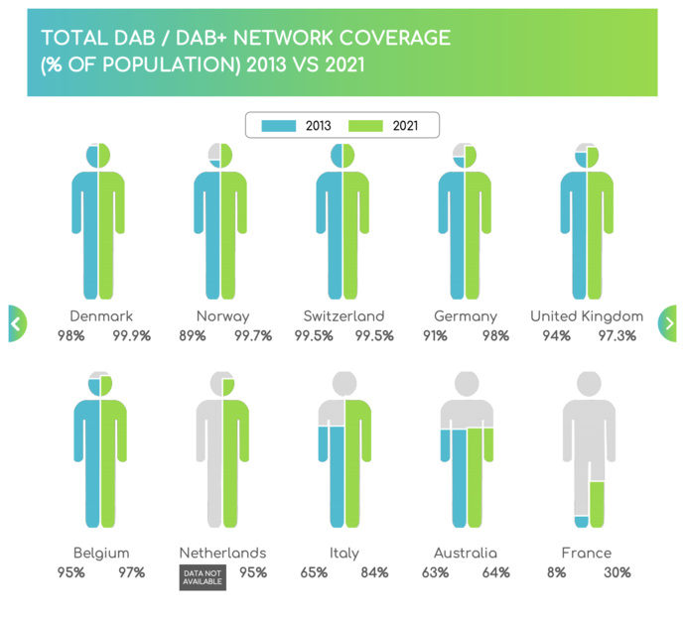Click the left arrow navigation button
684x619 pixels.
(16, 323)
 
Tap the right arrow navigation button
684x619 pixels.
(669, 323)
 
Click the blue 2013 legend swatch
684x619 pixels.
(279, 126)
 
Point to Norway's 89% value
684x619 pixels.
(194, 336)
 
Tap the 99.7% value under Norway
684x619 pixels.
(251, 336)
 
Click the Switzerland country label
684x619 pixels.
(343, 316)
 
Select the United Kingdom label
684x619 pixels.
(586, 316)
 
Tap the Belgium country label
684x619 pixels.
(101, 553)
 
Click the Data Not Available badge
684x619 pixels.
(203, 577)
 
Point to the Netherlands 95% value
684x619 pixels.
(252, 572)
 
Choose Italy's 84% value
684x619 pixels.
(374, 572)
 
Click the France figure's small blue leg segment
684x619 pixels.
(581, 522)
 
